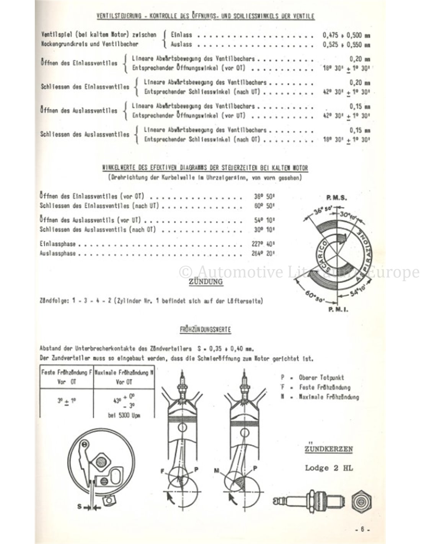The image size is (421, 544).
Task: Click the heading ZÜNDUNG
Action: [x=206, y=282]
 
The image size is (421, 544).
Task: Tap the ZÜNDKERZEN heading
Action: [x=329, y=449]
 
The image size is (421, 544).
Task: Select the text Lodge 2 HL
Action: [x=329, y=467]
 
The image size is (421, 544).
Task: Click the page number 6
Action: [x=362, y=530]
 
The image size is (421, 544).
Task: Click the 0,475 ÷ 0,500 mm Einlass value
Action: [x=346, y=35]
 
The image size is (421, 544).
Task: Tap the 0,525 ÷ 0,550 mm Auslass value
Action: [x=346, y=44]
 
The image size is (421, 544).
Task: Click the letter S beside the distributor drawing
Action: [x=79, y=507]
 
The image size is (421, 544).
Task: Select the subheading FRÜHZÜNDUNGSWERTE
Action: [x=206, y=329]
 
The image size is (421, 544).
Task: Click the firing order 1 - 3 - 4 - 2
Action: [x=92, y=301]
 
